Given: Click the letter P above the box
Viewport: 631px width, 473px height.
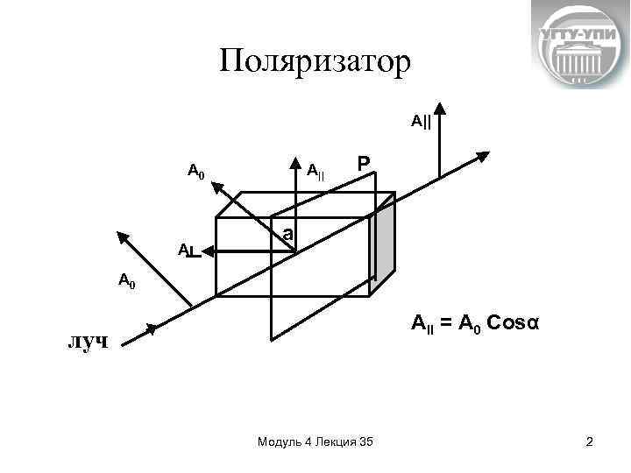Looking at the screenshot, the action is click(x=364, y=165).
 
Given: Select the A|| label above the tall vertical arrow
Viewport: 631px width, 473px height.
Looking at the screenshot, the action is click(x=421, y=120).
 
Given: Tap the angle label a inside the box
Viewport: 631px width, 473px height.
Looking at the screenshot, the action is click(x=287, y=236).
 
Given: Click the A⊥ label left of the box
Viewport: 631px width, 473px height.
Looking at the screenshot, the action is click(x=187, y=252).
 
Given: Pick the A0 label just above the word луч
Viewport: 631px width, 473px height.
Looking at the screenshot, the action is click(x=127, y=281).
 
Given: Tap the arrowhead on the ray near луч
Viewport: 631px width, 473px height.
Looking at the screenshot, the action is click(x=152, y=329).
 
